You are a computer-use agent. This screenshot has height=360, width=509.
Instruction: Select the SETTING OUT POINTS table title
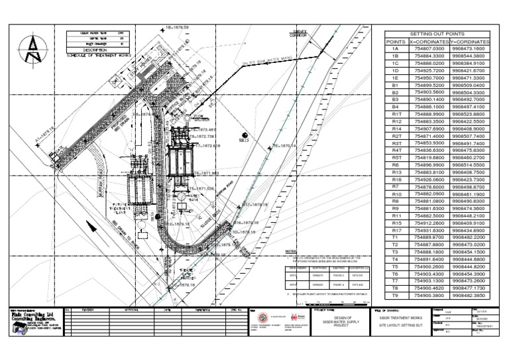pyautogui.click(x=437, y=32)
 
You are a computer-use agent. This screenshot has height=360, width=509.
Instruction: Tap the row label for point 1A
pyautogui.click(x=395, y=48)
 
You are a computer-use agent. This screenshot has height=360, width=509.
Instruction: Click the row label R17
pyautogui.click(x=395, y=230)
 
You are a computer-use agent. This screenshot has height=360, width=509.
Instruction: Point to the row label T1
pyautogui.click(x=395, y=237)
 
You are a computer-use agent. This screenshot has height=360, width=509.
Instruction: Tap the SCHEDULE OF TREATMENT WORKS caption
pyautogui.click(x=99, y=55)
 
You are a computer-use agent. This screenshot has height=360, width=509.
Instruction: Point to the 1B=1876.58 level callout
pyautogui.click(x=178, y=27)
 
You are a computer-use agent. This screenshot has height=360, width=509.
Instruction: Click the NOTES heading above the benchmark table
pyautogui.click(x=288, y=253)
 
